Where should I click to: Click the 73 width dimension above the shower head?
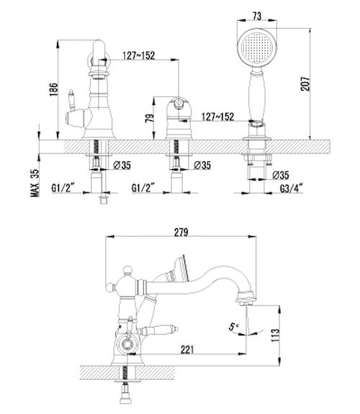pos(257,16)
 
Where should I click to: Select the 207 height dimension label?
pos(305,84)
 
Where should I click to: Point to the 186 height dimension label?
pos(53,89)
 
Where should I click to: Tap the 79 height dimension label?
pos(149,118)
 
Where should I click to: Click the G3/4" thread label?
pos(291,189)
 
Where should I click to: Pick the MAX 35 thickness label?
pos(35,183)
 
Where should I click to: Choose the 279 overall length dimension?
pos(181,233)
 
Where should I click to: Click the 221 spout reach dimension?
pos(187,350)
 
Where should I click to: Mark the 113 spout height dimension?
pos(275,336)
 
